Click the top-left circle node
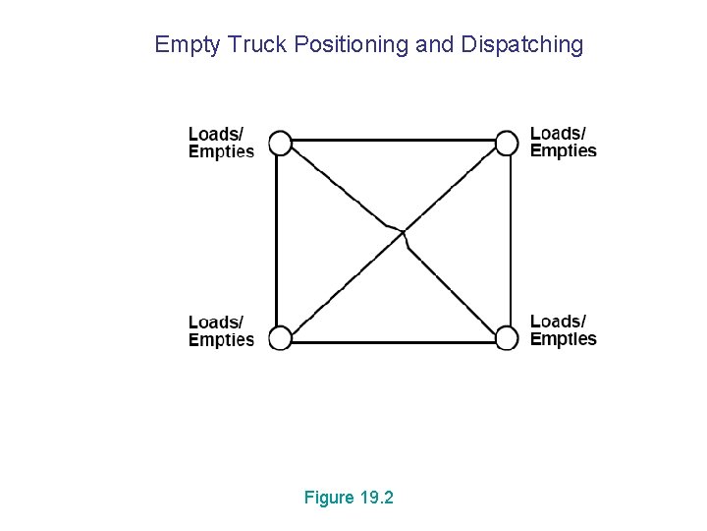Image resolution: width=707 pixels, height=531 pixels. coord(280,144)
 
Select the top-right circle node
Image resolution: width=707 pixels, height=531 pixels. coord(506,144)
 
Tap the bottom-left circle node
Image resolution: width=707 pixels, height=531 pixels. coord(280,338)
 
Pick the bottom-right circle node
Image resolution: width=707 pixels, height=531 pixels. coord(506,338)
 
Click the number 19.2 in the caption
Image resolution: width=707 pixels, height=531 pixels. coord(376,498)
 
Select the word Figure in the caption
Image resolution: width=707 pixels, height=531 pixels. coord(329,498)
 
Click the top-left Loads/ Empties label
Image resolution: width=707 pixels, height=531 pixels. coord(221,143)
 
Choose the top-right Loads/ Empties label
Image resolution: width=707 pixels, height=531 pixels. coord(564,142)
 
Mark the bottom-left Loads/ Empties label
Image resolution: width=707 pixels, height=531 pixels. coord(221,330)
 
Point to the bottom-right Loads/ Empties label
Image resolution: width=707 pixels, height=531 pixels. coord(564,330)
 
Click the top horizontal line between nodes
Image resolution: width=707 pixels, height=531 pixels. coord(393,140)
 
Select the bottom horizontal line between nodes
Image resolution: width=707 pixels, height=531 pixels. coord(393,343)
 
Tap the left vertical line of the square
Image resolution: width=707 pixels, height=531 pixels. coord(276,241)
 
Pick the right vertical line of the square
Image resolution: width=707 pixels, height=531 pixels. coord(512,241)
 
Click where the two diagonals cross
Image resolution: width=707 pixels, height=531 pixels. coord(402,233)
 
